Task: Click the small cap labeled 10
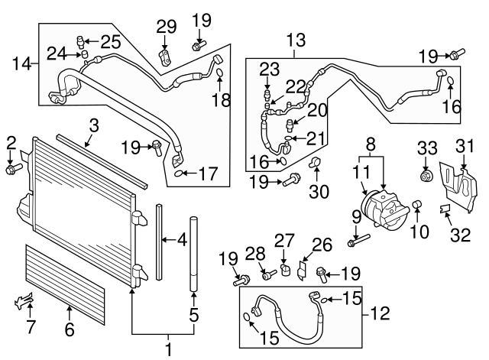pos(417,205)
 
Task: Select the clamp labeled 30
pos(314,163)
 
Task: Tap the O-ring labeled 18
pos(219,74)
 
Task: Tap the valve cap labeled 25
pos(79,40)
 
